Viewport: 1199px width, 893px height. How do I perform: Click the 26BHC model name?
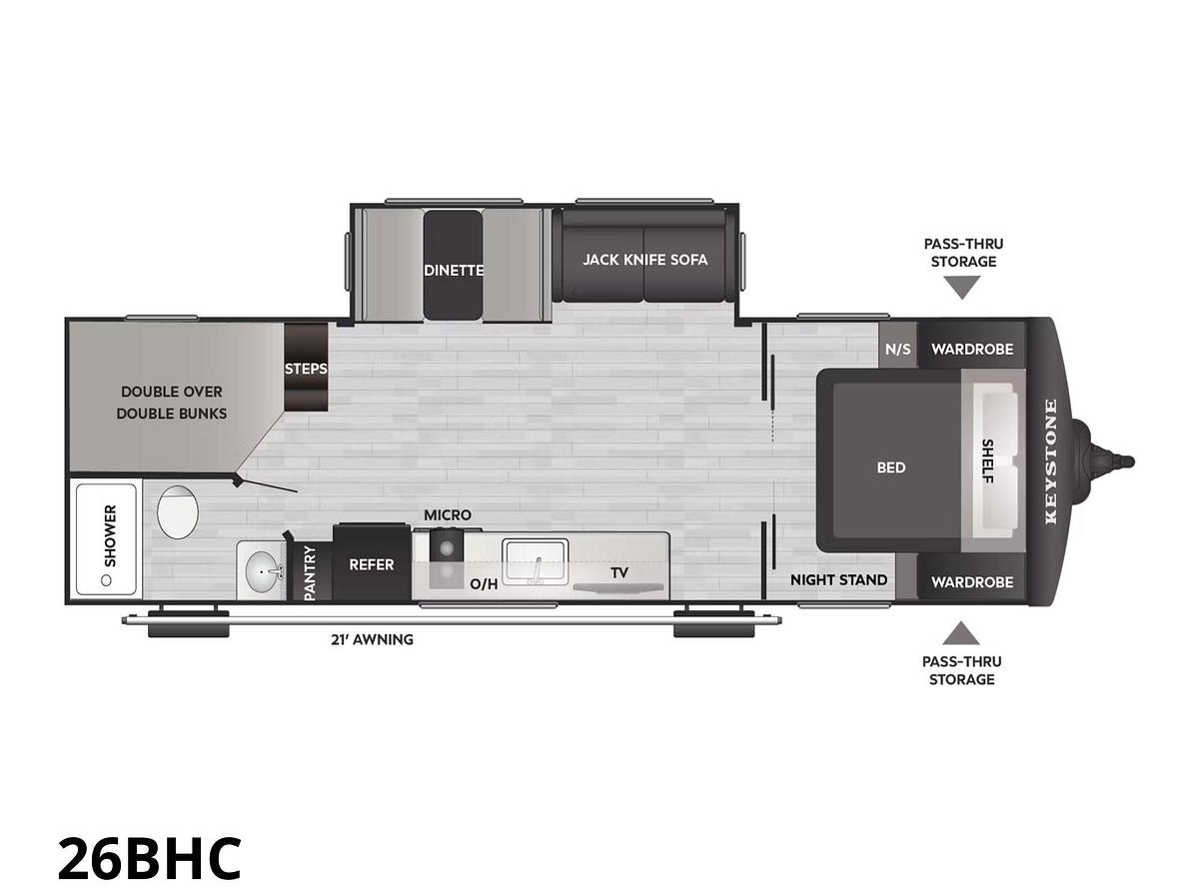pos(149,856)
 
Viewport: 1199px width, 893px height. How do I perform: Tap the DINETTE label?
pos(454,270)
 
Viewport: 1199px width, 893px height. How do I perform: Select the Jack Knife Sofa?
pos(644,260)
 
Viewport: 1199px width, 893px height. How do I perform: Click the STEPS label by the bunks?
pos(306,369)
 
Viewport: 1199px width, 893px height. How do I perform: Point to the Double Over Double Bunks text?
pos(172,403)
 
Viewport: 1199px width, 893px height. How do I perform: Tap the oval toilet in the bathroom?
pos(178,511)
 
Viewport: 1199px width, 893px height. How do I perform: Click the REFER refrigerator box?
pos(371,564)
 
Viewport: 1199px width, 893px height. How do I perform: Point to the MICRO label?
pos(447,514)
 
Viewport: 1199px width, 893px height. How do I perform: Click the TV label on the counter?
pos(619,573)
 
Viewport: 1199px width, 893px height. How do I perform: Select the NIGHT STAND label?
pos(838,579)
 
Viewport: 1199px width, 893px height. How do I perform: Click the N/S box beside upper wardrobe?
pos(898,349)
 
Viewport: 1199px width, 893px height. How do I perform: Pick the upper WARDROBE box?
pos(972,349)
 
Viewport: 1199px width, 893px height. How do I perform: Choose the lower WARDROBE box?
pos(972,581)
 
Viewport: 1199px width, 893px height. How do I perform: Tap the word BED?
pos(890,467)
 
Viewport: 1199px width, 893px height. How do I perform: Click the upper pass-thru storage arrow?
pos(962,288)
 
